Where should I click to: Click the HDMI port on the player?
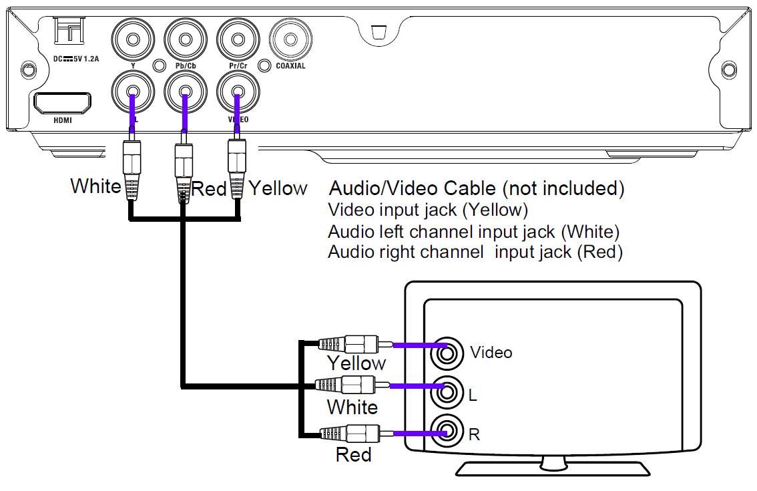63,104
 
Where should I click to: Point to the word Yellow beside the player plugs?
278,188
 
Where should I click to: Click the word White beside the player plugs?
95,186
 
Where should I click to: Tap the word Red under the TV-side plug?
353,455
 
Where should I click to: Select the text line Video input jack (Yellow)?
428,210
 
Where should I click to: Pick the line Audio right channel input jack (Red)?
475,253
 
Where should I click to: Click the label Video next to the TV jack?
491,352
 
